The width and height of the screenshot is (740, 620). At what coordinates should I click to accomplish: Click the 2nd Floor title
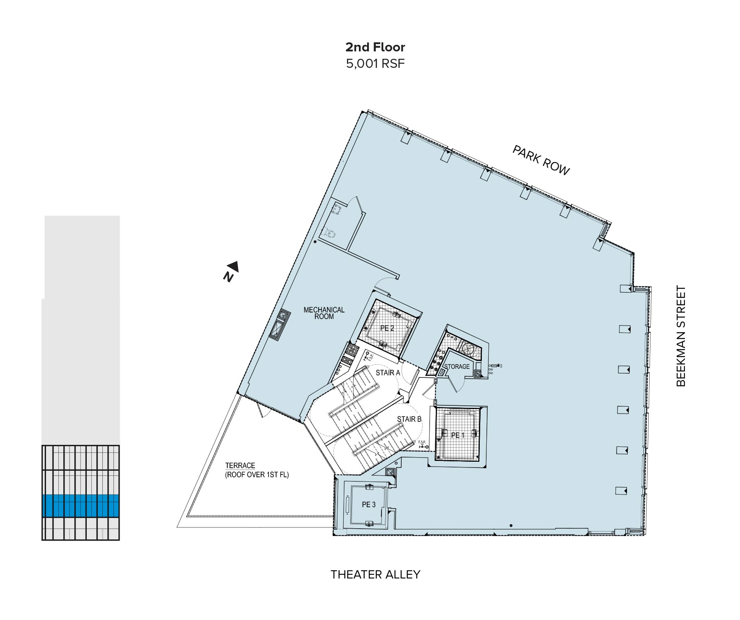click(x=375, y=47)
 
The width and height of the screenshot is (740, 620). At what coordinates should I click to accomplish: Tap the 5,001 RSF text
click(x=375, y=64)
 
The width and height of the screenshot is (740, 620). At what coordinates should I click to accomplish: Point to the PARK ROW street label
click(x=541, y=160)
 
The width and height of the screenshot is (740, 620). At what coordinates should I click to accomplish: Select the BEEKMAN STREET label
click(x=681, y=336)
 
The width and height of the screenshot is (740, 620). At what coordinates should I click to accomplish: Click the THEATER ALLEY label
click(x=375, y=574)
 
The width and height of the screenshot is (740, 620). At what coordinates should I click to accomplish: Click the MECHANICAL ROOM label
click(x=324, y=313)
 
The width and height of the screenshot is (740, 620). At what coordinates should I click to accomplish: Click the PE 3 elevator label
click(x=368, y=504)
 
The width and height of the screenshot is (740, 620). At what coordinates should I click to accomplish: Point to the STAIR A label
click(x=388, y=373)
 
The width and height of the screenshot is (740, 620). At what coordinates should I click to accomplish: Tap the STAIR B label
click(x=409, y=419)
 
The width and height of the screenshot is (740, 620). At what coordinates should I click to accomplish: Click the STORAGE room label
click(x=457, y=366)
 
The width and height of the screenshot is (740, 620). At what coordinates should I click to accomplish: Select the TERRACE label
click(x=240, y=466)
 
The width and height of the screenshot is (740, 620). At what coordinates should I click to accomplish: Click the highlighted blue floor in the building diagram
click(x=81, y=506)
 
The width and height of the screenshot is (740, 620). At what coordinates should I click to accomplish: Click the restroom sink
click(x=338, y=209)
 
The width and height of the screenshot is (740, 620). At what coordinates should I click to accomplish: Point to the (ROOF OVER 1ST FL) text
click(x=257, y=475)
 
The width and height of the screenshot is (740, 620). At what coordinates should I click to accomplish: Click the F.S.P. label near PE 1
click(x=422, y=442)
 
